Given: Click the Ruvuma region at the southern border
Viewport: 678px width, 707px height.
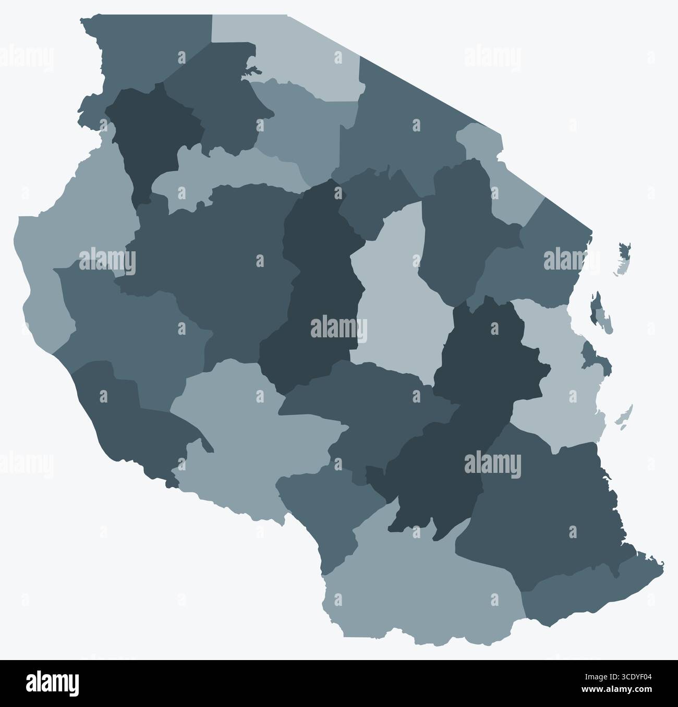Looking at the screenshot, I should click(x=417, y=579).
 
